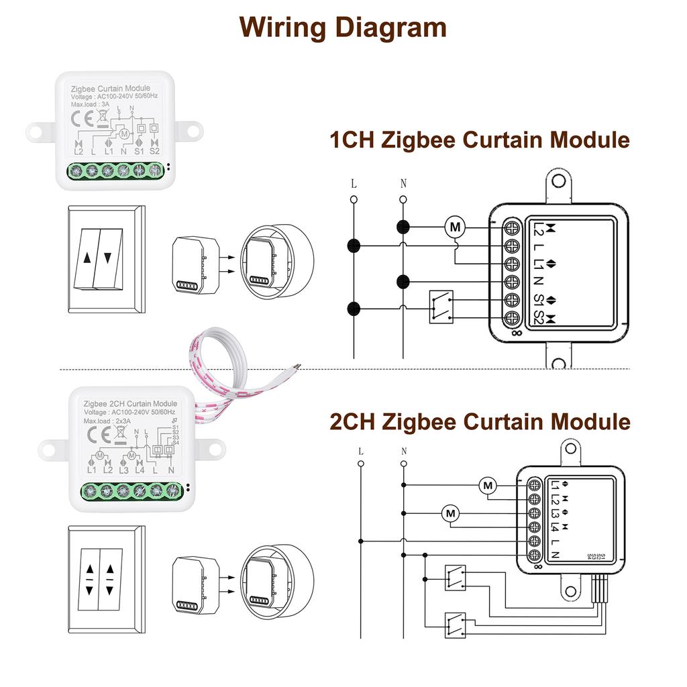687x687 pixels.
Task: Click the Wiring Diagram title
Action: pyautogui.click(x=343, y=28)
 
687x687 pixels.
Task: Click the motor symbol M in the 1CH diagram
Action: pyautogui.click(x=456, y=227)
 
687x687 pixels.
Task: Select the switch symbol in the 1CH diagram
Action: pyautogui.click(x=441, y=307)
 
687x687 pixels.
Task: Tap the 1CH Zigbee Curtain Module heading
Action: pyautogui.click(x=479, y=140)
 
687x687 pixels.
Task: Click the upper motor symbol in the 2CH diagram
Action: pyautogui.click(x=488, y=485)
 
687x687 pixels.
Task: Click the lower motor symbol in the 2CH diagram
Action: pyautogui.click(x=451, y=514)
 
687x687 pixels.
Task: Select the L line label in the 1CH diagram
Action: pyautogui.click(x=353, y=184)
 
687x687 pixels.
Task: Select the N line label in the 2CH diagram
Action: pyautogui.click(x=404, y=452)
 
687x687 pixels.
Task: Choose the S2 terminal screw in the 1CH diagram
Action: pyautogui.click(x=513, y=317)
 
